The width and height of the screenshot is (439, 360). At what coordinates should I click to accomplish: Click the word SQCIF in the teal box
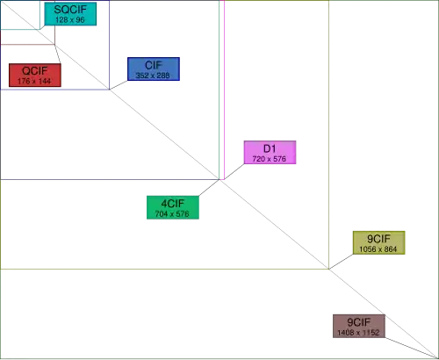pos(70,10)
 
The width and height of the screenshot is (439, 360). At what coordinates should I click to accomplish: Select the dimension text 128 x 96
pos(70,20)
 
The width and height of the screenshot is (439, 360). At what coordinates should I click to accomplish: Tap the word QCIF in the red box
pos(34,71)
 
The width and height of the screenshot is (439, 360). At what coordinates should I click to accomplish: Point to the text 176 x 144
pos(34,81)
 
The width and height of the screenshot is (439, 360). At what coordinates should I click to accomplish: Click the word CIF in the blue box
pos(154,65)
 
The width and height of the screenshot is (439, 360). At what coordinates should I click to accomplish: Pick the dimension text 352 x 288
pos(153,76)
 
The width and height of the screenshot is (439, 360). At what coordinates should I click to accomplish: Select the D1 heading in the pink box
pos(270,148)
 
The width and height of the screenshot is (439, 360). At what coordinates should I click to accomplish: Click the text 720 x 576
pos(270,159)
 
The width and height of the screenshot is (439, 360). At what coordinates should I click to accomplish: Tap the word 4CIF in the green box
pos(173,204)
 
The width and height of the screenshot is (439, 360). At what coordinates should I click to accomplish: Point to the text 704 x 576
pos(172,214)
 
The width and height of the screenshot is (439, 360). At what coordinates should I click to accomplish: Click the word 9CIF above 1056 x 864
pos(378,239)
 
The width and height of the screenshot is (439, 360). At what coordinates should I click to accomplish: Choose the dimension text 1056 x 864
pos(378,249)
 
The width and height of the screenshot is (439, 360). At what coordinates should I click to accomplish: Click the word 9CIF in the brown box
pos(359,322)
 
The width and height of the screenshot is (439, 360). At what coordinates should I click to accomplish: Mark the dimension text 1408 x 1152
pos(358,333)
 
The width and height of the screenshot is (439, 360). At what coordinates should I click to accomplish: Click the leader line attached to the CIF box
pos(119,85)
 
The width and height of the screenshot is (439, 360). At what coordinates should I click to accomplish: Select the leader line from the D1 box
pos(234,171)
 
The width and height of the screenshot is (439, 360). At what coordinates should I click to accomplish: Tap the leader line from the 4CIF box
pos(209,188)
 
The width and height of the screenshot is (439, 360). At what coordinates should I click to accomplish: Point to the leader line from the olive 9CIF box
pos(341,262)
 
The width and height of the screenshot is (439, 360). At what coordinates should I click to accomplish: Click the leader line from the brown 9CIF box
pos(412,348)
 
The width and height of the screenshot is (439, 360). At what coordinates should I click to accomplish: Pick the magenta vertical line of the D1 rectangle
pos(224,90)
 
